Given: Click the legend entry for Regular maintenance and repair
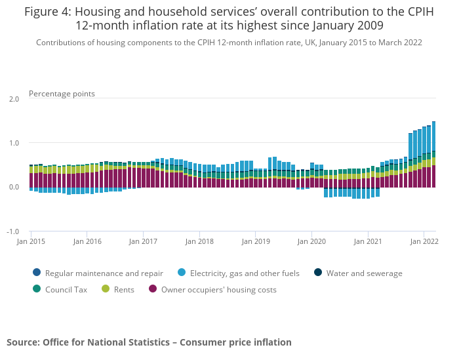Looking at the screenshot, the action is pos(98,273).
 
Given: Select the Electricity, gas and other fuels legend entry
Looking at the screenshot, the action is pos(239,273).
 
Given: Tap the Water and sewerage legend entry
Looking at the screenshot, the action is pos(358,273).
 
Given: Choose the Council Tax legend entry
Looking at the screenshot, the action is pos(60,289).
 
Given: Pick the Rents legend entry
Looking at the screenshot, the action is pos(117,289).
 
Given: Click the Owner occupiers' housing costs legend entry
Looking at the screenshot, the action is pos(212,289).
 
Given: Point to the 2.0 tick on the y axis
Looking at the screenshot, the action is pos(14,99).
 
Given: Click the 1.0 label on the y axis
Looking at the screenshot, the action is pos(14,143).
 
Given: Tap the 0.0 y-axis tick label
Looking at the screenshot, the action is pos(14,187).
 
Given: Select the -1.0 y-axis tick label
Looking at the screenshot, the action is pos(13,231).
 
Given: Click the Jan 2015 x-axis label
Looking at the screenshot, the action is pos(31,241).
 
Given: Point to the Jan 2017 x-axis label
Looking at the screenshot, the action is pos(143,241).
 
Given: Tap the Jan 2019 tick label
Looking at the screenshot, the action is pos(256,241).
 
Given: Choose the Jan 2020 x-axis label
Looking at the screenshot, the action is pos(311,241).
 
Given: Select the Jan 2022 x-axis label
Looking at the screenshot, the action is pos(424,241).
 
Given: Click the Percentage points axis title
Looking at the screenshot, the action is pos(62,94).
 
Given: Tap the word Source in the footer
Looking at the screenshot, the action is pos(23,342).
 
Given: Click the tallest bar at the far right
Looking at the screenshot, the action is pos(434,154).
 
